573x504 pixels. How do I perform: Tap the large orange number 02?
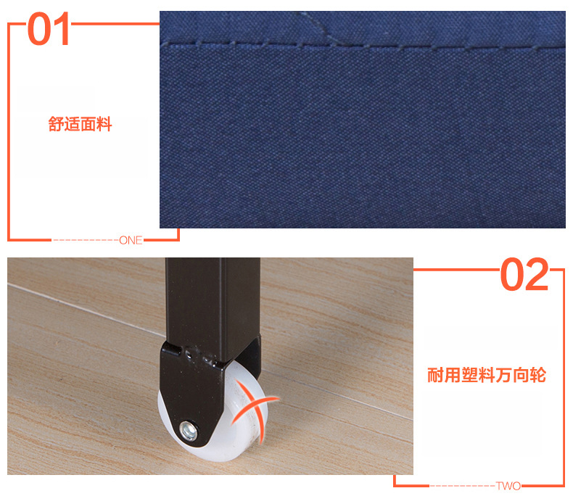click(524, 276)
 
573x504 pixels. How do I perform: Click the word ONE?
click(131, 240)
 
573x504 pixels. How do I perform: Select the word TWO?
click(508, 485)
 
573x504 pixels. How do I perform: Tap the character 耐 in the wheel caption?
click(434, 375)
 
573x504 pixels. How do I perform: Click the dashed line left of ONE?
click(85, 240)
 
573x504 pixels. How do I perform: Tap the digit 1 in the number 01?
click(62, 30)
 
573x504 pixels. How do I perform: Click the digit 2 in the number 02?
click(537, 276)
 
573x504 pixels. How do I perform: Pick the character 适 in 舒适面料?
click(73, 125)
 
